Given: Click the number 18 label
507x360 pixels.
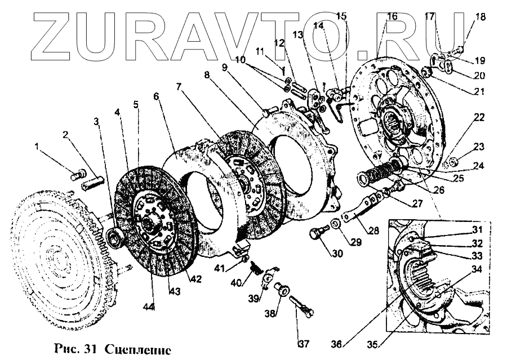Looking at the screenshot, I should point(480,17).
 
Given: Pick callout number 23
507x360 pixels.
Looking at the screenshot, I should point(479,146).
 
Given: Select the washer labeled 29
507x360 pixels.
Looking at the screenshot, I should point(336,226).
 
